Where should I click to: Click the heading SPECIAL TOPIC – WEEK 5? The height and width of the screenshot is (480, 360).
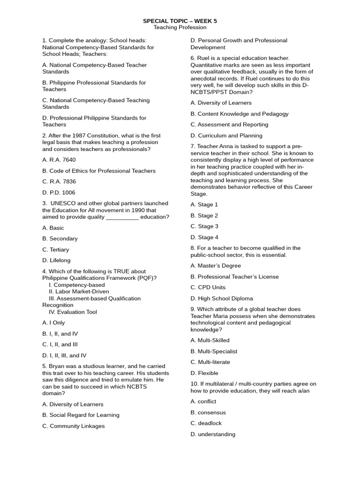click(x=180, y=21)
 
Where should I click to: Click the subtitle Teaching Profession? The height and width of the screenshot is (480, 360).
click(x=180, y=28)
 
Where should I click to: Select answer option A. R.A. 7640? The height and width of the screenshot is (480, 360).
click(x=59, y=160)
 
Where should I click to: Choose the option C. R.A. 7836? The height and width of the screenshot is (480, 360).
click(x=59, y=181)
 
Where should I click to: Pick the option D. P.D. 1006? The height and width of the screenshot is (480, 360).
click(x=59, y=193)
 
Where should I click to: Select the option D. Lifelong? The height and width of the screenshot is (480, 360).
click(x=56, y=260)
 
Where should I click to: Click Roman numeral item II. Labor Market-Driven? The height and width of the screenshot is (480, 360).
click(x=79, y=292)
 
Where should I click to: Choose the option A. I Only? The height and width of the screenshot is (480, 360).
click(x=53, y=323)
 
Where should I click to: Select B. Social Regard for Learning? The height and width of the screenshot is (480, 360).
click(x=81, y=415)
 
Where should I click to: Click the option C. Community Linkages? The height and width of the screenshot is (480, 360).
click(x=73, y=426)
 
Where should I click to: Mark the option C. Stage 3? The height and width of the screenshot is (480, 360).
click(x=204, y=226)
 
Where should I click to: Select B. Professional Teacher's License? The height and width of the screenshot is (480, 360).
click(x=234, y=277)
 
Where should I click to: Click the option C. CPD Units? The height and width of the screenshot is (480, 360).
click(x=208, y=287)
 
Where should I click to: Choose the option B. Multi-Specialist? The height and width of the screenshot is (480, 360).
click(x=214, y=351)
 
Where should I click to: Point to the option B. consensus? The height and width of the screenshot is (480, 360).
click(x=208, y=412)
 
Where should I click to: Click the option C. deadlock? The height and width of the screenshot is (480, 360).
click(x=206, y=423)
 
